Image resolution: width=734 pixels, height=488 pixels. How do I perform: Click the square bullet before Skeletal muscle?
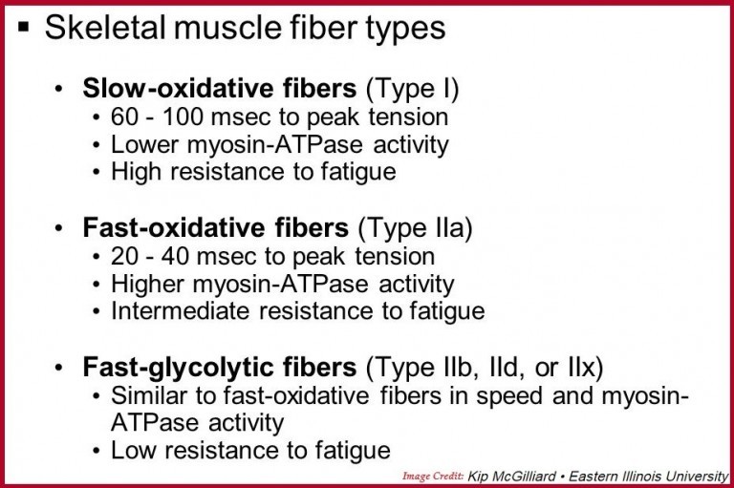click(23, 30)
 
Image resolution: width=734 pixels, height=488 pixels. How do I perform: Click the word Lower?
click(138, 145)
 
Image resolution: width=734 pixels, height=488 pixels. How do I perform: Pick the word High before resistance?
click(132, 172)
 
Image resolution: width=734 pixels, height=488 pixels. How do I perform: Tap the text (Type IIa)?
click(421, 229)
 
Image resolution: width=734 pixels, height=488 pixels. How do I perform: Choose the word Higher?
click(142, 285)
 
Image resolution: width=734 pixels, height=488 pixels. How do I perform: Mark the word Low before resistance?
click(130, 449)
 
